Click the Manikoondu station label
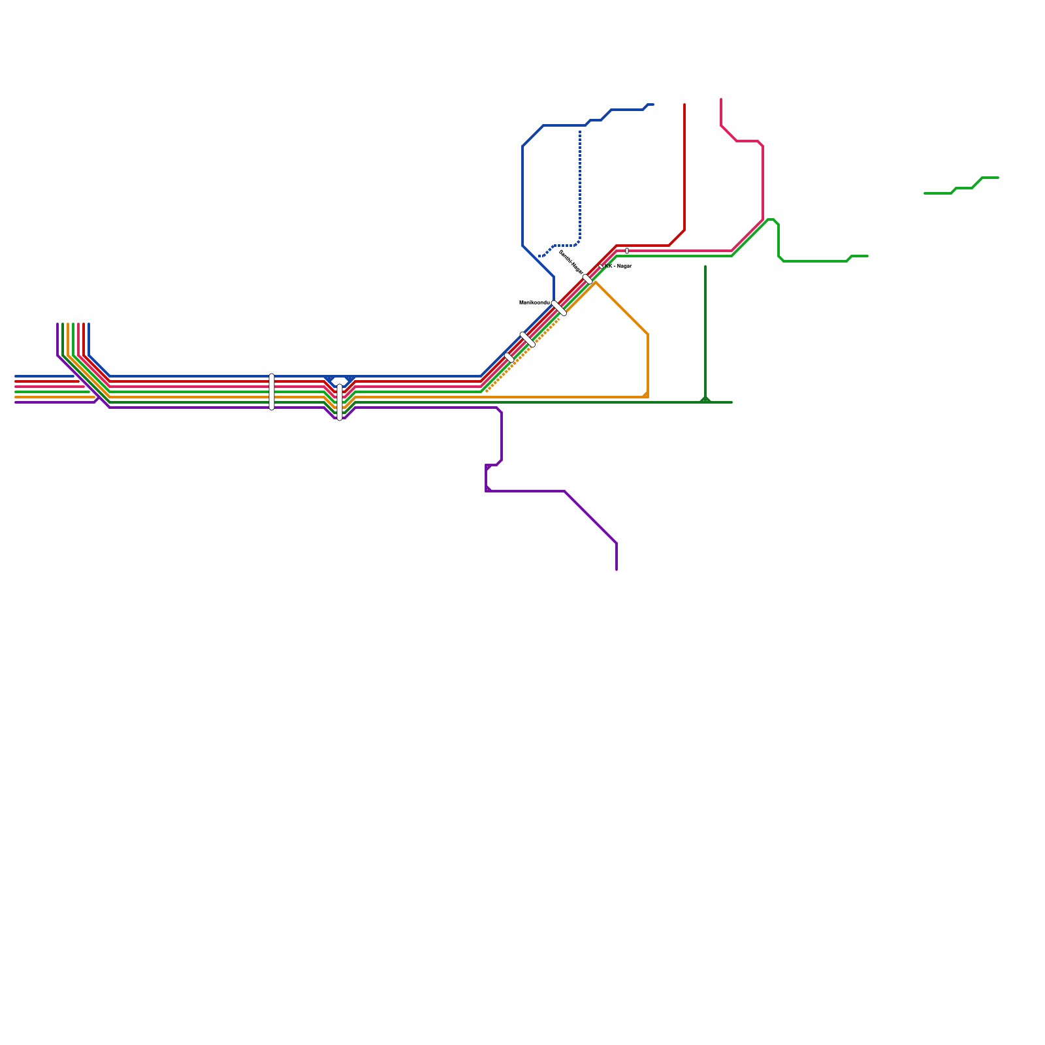tap(534, 302)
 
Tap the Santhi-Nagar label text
tap(571, 262)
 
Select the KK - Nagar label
tap(619, 266)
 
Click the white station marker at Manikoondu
tap(559, 308)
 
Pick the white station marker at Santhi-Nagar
tap(587, 280)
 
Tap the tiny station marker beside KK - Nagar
tap(602, 266)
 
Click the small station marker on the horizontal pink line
tap(627, 251)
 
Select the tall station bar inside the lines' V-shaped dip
tap(340, 402)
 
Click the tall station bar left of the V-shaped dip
tap(272, 392)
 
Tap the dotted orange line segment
tap(522, 355)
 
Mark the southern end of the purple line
tap(617, 569)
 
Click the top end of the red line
tap(684, 104)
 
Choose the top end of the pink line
tap(721, 100)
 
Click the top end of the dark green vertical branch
tap(705, 267)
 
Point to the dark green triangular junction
tap(705, 400)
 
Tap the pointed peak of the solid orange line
tap(596, 282)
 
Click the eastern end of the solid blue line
tap(652, 104)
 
